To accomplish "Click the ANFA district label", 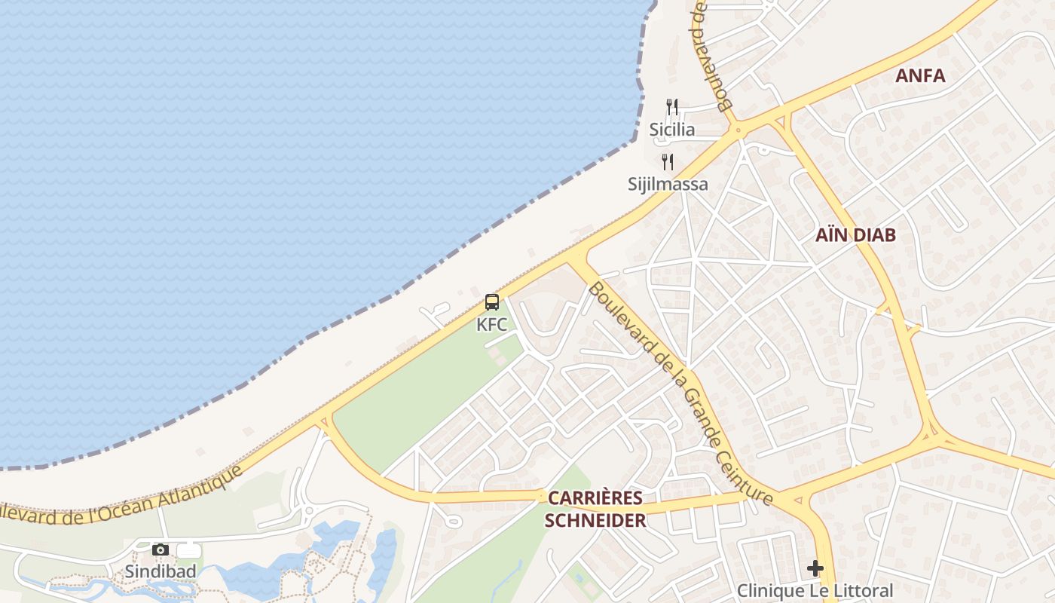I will click(919, 75).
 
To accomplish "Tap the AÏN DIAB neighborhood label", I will click(855, 235).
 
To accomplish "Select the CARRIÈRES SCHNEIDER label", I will click(595, 509).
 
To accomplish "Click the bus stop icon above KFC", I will click(492, 302).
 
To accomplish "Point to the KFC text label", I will click(492, 325).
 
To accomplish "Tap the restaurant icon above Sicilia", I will click(672, 107).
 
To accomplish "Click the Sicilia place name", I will click(672, 130).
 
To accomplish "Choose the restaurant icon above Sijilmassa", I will click(668, 161).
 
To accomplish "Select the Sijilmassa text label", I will click(668, 184).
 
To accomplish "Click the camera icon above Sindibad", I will click(160, 549).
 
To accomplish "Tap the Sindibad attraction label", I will click(161, 571).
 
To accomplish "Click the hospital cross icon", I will click(815, 568).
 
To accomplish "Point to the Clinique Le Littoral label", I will click(815, 591).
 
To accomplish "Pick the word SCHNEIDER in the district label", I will click(595, 520).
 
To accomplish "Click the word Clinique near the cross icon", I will click(769, 591).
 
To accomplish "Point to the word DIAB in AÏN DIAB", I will click(874, 235).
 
